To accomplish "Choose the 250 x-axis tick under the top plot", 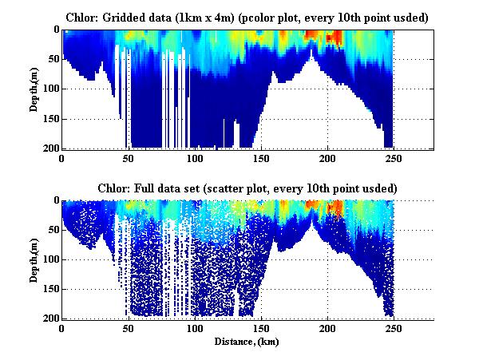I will click(394, 157).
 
